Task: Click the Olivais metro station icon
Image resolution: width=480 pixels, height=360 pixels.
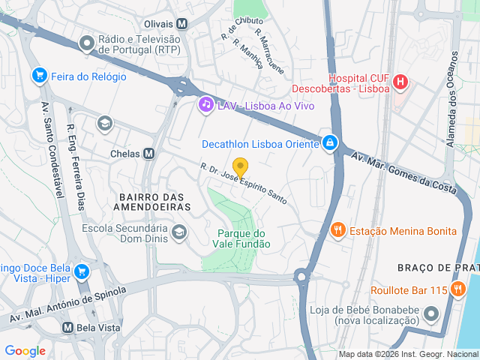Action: click(182, 23)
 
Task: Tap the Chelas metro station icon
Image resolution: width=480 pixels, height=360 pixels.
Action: click(148, 153)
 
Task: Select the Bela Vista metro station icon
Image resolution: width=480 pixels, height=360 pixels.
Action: click(67, 328)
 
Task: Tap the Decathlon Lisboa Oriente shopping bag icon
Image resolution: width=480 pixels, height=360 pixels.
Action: click(329, 143)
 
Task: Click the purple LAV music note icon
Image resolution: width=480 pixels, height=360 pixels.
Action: click(205, 105)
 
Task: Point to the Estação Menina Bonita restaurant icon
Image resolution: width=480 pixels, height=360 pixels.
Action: click(337, 230)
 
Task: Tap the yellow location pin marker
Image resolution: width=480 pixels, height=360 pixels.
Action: click(240, 167)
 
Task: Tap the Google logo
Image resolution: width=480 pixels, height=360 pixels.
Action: click(25, 350)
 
